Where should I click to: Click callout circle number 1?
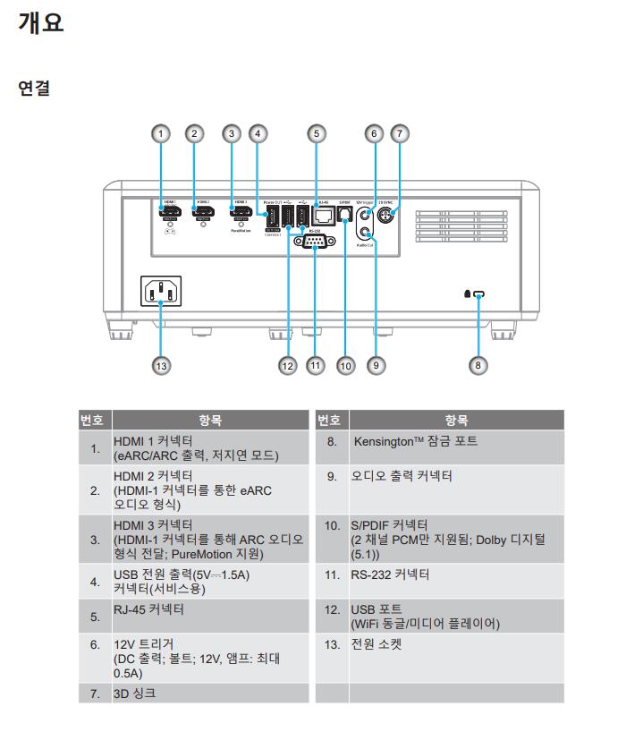[x=160, y=133]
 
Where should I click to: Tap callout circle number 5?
[x=316, y=133]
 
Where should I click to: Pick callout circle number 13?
[x=161, y=364]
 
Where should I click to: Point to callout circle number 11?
[x=315, y=364]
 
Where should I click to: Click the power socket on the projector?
[x=161, y=292]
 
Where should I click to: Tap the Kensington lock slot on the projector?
[x=478, y=294]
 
